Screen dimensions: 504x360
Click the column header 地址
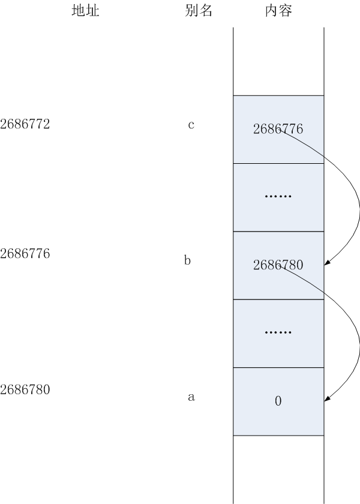(x=85, y=11)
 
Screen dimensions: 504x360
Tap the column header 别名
(x=199, y=11)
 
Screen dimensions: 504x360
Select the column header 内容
(x=278, y=11)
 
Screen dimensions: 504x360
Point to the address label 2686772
(x=25, y=125)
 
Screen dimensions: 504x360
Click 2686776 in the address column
(x=25, y=253)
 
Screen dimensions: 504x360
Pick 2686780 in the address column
(x=25, y=389)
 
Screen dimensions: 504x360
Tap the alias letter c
(x=191, y=125)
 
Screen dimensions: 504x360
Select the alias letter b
(x=187, y=261)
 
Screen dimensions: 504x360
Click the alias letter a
(x=191, y=397)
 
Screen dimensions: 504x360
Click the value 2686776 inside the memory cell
(x=278, y=129)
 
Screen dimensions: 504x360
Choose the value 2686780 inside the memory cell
(x=278, y=265)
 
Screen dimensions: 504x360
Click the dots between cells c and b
(x=278, y=197)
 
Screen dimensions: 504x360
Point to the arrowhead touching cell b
(x=328, y=262)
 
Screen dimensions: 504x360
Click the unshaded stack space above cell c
(x=278, y=60)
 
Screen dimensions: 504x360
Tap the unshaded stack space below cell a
(x=278, y=468)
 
